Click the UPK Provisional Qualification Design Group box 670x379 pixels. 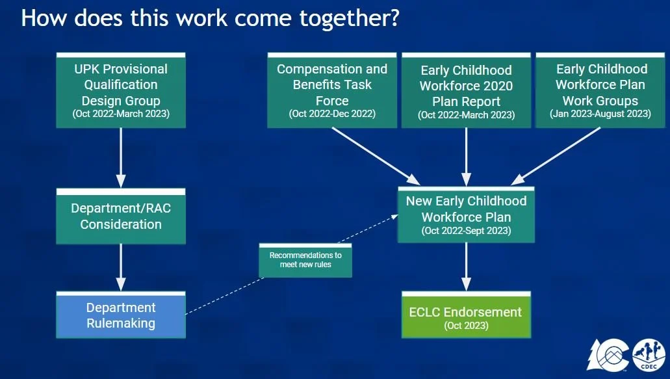tap(120, 90)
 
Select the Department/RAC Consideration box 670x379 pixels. tap(120, 216)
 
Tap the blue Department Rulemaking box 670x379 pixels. tap(120, 315)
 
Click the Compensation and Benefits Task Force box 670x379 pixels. tap(331, 90)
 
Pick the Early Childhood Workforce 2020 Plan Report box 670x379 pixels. tap(466, 90)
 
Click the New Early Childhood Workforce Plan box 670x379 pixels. tap(466, 215)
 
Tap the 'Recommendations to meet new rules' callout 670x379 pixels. tap(305, 260)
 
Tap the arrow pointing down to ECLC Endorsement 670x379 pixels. tap(466, 267)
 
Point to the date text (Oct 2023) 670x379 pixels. tap(465, 325)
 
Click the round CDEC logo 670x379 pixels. tap(648, 356)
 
